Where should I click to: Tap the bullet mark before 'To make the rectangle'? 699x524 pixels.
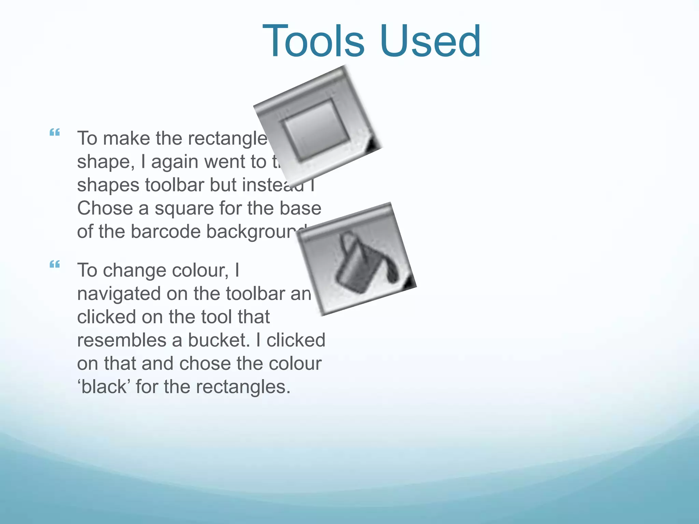(x=55, y=132)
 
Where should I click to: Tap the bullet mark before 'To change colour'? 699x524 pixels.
(x=55, y=264)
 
